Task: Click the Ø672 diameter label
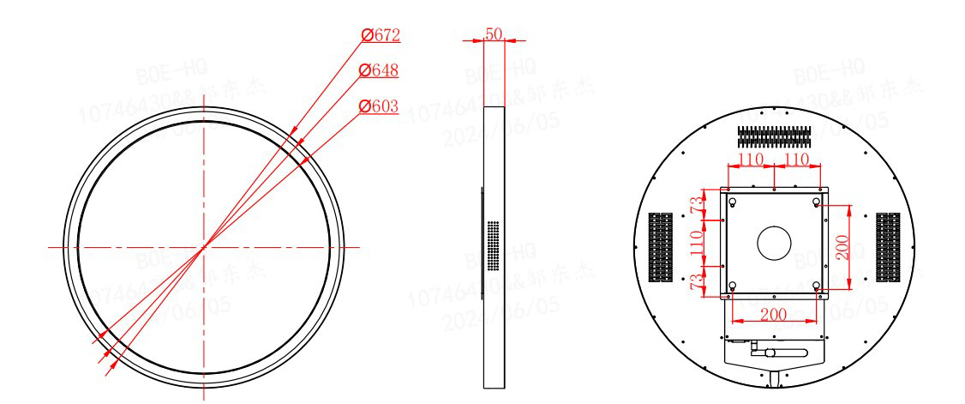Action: coord(380,35)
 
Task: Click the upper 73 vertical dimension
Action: coord(698,205)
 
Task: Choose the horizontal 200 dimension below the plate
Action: coord(774,314)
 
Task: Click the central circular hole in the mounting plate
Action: coord(774,244)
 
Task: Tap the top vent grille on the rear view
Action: coord(774,135)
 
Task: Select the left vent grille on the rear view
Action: coord(661,248)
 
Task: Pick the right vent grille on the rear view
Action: coord(887,248)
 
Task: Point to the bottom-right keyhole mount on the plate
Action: coord(815,286)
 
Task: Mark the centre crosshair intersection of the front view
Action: coord(204,247)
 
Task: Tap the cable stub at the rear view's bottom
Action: coord(774,378)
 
